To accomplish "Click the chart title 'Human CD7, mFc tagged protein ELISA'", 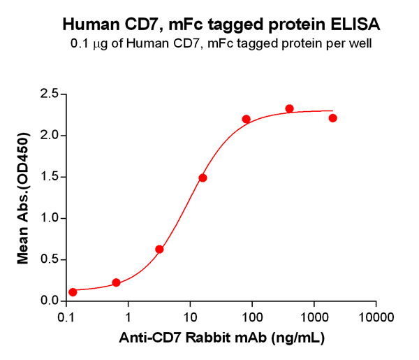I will pyautogui.click(x=221, y=25).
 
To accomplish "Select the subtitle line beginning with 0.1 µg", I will pyautogui.click(x=221, y=43).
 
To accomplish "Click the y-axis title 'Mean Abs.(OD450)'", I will pyautogui.click(x=22, y=198).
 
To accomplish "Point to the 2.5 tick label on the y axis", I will pyautogui.click(x=48, y=94).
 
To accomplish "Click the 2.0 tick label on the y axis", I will pyautogui.click(x=48, y=136).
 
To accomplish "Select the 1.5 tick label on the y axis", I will pyautogui.click(x=48, y=177).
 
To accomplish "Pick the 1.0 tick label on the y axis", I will pyautogui.click(x=48, y=218).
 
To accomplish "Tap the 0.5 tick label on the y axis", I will pyautogui.click(x=48, y=259).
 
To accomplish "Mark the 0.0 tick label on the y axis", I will pyautogui.click(x=48, y=301).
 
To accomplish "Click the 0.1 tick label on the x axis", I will pyautogui.click(x=67, y=316).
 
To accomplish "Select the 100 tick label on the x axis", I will pyautogui.click(x=252, y=316).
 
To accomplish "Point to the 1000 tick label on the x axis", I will pyautogui.click(x=314, y=316).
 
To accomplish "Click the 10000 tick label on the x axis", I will pyautogui.click(x=376, y=316).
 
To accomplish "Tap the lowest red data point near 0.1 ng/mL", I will pyautogui.click(x=73, y=292).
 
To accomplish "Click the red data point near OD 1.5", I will pyautogui.click(x=203, y=178).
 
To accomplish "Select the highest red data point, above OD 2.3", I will pyautogui.click(x=289, y=108).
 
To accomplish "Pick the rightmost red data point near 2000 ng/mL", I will pyautogui.click(x=332, y=118).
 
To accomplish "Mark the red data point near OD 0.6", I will pyautogui.click(x=159, y=250).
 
